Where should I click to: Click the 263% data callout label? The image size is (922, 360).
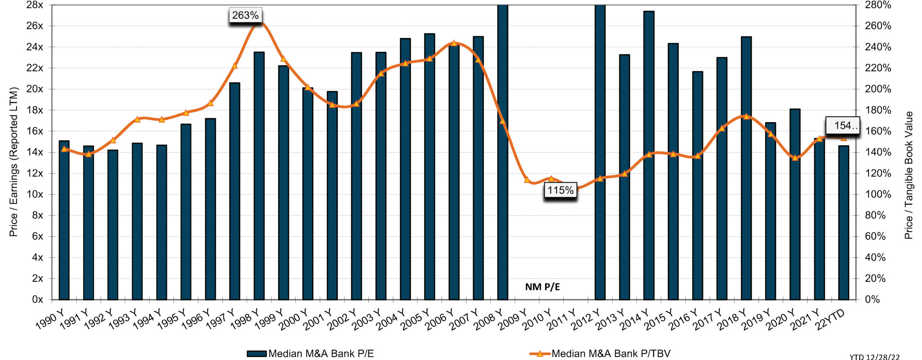(x=245, y=15)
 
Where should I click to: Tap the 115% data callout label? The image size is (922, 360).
(x=560, y=190)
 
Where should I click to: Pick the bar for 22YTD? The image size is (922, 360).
(x=844, y=222)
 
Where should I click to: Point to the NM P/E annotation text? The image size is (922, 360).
(x=542, y=287)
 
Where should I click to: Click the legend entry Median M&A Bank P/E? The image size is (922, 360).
(x=311, y=353)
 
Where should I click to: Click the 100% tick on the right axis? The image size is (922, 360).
(x=878, y=194)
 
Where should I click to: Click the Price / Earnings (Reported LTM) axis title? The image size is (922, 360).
(x=14, y=162)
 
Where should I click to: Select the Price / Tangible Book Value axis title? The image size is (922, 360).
(x=908, y=175)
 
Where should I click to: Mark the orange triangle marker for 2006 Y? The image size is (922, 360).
(x=454, y=43)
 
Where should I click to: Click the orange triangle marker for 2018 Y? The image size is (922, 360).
(x=746, y=116)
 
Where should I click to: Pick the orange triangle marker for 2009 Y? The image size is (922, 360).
(x=527, y=180)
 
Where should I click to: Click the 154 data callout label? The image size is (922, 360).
(x=843, y=126)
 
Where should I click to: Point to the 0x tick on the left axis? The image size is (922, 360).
(x=37, y=299)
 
